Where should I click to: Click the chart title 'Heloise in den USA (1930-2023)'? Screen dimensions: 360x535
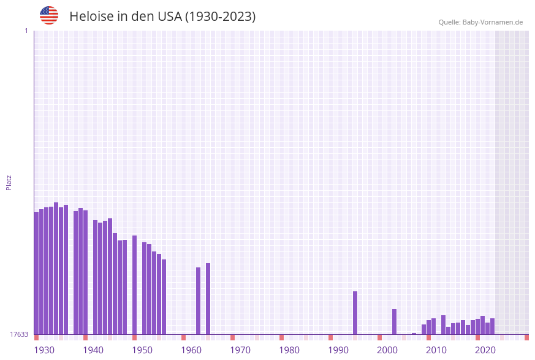tap(162, 17)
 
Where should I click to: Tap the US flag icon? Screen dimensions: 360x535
tap(49, 15)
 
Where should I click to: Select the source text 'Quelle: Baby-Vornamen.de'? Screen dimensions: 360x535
tap(480, 22)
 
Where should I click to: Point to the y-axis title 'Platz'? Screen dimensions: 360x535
tap(9, 182)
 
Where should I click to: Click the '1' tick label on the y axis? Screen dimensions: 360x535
tap(26, 31)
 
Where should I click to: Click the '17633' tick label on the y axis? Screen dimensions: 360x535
tap(19, 334)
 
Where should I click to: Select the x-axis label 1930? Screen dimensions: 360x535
tap(44, 350)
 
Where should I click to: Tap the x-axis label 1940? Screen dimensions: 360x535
tap(93, 350)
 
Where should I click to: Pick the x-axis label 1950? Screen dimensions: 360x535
tap(142, 350)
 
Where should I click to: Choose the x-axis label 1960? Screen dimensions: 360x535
tap(191, 350)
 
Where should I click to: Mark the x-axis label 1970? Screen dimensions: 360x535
tap(240, 350)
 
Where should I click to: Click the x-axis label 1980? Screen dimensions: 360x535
tap(289, 350)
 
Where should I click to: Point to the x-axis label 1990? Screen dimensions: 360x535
tap(338, 350)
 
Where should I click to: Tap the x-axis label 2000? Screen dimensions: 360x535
tap(387, 350)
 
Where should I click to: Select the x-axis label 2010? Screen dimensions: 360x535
tap(436, 350)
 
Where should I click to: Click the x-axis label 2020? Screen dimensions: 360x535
tap(485, 350)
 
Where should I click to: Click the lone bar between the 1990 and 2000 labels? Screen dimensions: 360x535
tap(355, 313)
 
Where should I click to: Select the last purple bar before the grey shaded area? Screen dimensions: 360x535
tap(492, 326)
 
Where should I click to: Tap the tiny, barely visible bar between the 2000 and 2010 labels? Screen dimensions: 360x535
tap(414, 334)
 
